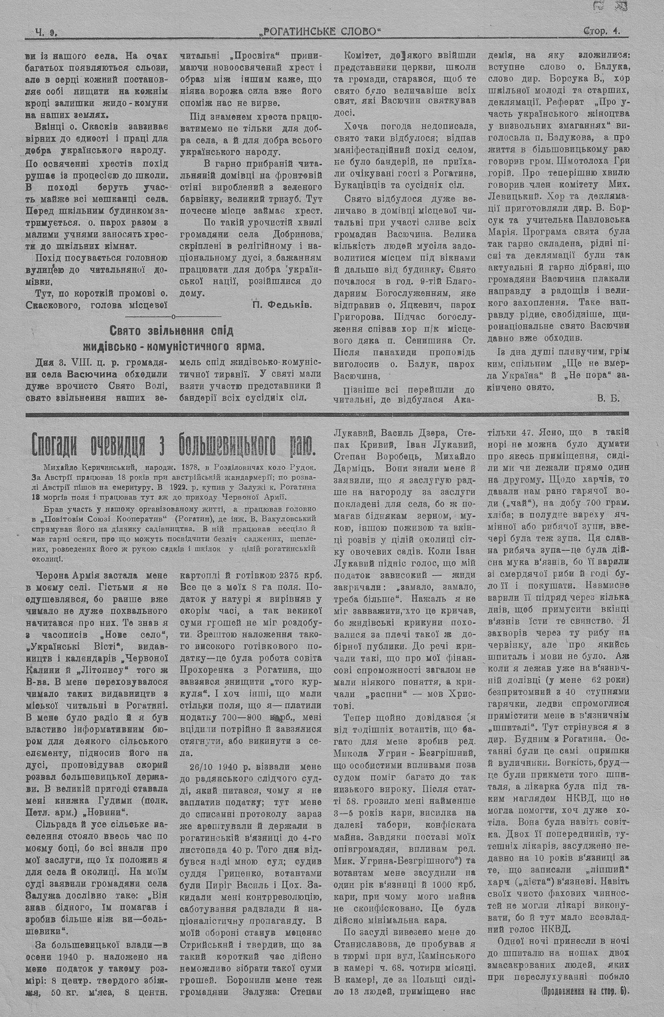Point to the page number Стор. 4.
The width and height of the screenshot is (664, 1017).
602,31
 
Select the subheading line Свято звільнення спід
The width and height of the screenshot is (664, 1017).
172,330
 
